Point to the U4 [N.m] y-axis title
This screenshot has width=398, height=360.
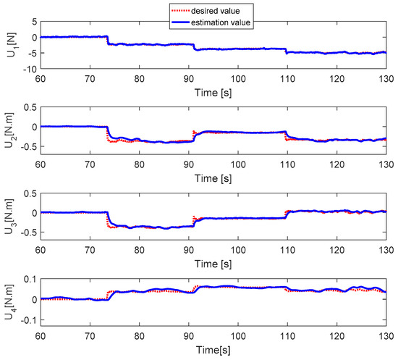9,304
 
